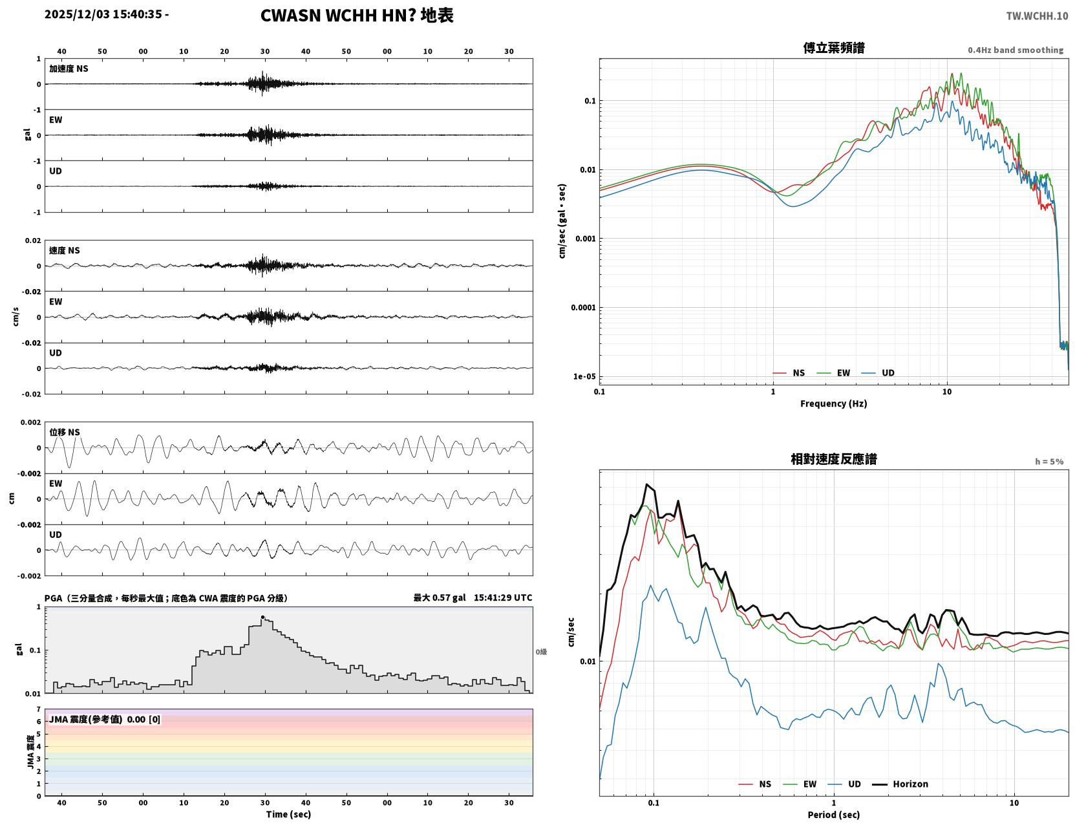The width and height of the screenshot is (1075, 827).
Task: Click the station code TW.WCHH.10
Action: pyautogui.click(x=1036, y=16)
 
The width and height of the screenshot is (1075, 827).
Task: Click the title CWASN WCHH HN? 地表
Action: pyautogui.click(x=356, y=16)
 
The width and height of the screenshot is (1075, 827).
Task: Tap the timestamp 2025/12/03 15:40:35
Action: pyautogui.click(x=103, y=14)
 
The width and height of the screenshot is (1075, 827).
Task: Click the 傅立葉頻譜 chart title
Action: pyautogui.click(x=833, y=48)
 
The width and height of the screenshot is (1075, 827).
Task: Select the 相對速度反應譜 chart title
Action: pyautogui.click(x=833, y=458)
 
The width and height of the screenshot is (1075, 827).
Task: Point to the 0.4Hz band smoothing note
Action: pyautogui.click(x=1015, y=50)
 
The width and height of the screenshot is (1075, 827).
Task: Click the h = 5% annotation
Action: pyautogui.click(x=1048, y=462)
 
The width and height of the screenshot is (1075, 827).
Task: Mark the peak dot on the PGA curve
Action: pyautogui.click(x=262, y=617)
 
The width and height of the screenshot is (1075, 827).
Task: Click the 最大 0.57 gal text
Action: pyautogui.click(x=440, y=597)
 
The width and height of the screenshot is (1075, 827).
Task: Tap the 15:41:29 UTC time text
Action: pyautogui.click(x=503, y=597)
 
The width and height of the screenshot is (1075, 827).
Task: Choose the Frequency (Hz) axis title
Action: pyautogui.click(x=833, y=403)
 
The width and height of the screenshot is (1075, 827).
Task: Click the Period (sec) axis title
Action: pyautogui.click(x=833, y=815)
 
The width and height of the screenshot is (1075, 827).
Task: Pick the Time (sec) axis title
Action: pyautogui.click(x=288, y=814)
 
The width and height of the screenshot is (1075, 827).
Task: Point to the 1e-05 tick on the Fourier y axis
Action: pyautogui.click(x=584, y=376)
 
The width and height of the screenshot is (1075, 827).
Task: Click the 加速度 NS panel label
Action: pyautogui.click(x=69, y=69)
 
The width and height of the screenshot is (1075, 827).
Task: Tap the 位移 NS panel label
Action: pyautogui.click(x=64, y=432)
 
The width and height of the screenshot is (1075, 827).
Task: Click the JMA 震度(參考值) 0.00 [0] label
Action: pyautogui.click(x=104, y=719)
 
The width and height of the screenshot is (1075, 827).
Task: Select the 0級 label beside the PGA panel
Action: pyautogui.click(x=540, y=652)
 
